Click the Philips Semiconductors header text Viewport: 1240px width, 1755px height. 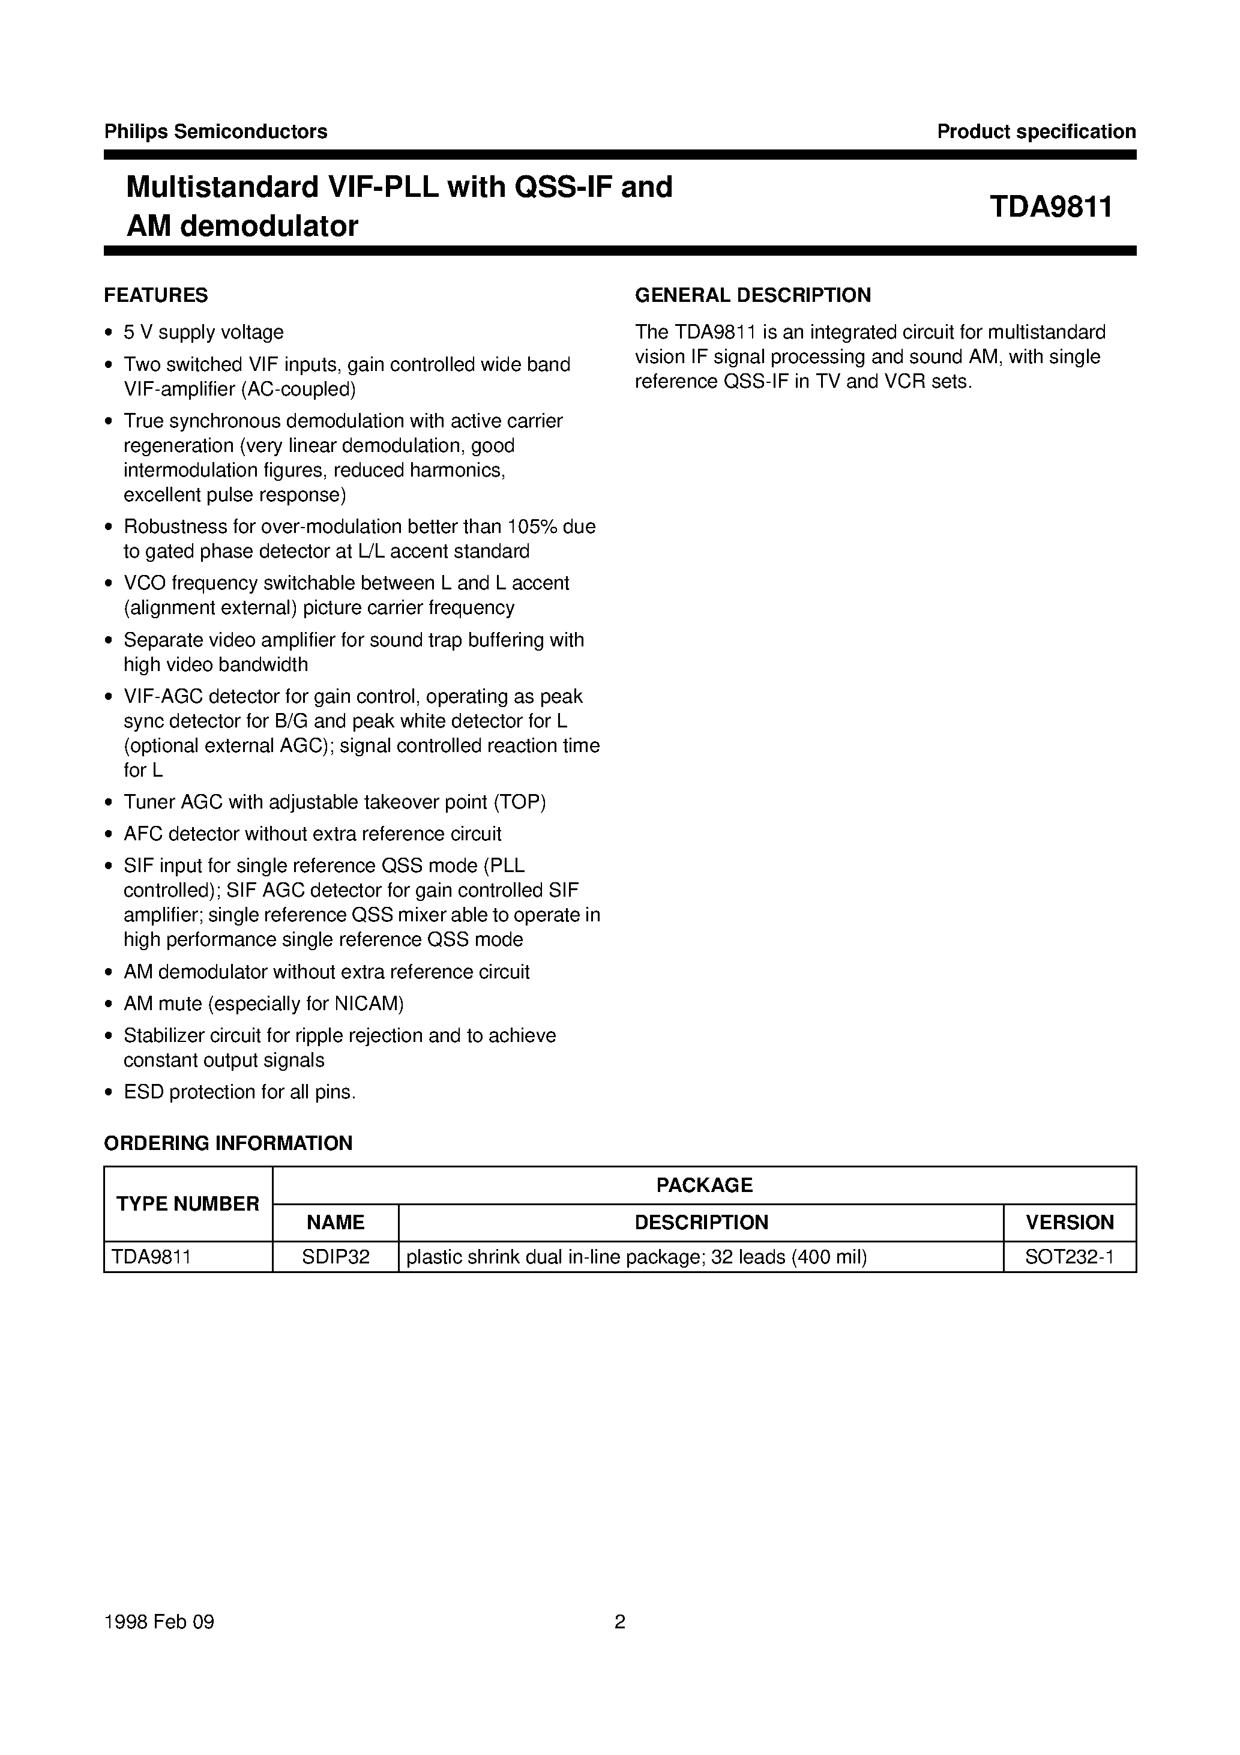[x=215, y=131]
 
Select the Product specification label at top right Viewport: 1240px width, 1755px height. [x=1036, y=131]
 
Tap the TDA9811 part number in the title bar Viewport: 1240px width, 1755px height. [x=1050, y=207]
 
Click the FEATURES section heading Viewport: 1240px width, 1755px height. [x=156, y=295]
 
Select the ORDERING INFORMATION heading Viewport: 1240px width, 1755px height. [x=228, y=1143]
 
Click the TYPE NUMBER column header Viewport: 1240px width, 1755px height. [x=188, y=1204]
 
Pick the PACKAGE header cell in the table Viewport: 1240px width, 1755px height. [x=704, y=1185]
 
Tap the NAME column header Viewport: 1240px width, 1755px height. [x=336, y=1222]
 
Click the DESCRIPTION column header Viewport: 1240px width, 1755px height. [x=701, y=1222]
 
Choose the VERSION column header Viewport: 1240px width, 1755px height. [x=1070, y=1222]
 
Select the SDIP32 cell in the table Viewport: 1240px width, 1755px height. [x=336, y=1257]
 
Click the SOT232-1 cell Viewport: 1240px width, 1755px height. [x=1070, y=1257]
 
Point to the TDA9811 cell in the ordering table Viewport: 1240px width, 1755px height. [x=151, y=1257]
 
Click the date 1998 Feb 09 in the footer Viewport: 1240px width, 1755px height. [x=159, y=1621]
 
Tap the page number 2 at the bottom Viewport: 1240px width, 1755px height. [x=620, y=1621]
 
